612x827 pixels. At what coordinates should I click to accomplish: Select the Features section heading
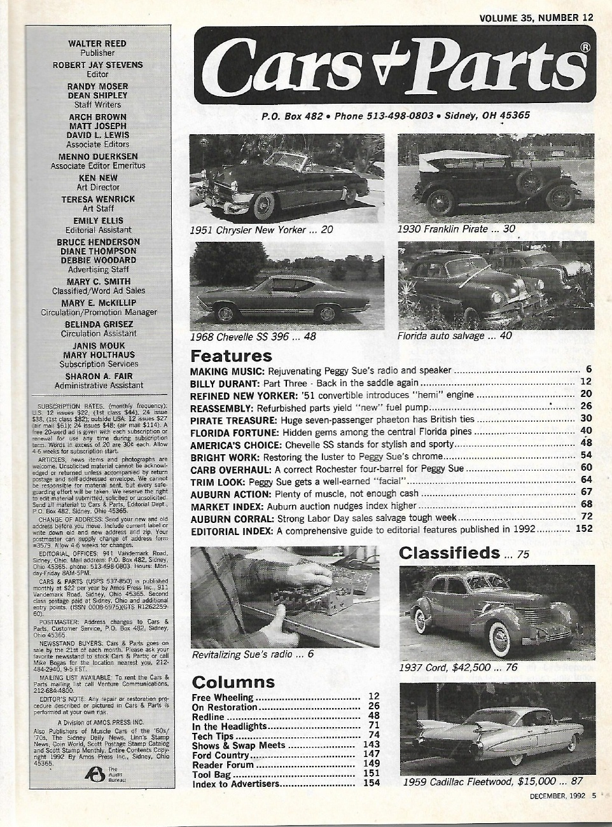[231, 355]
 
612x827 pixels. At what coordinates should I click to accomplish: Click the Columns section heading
[233, 683]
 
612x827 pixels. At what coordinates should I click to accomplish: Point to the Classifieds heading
[449, 553]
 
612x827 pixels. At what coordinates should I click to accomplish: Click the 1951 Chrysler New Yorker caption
[261, 230]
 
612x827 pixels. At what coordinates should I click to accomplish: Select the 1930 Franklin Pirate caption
[456, 229]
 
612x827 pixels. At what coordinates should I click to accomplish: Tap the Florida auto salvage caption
[454, 335]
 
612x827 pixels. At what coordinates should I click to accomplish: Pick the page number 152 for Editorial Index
[583, 529]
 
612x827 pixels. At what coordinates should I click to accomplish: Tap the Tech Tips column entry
[212, 736]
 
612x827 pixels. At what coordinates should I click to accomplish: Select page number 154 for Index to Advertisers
[371, 783]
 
